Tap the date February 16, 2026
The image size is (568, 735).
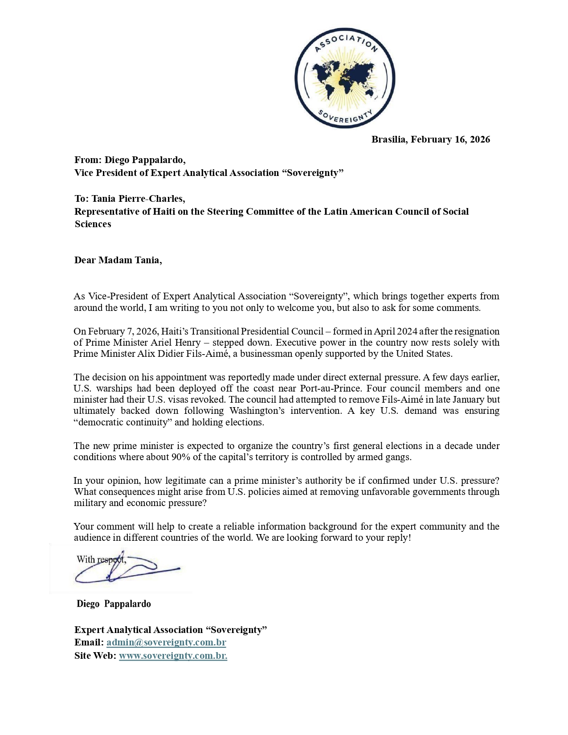450,139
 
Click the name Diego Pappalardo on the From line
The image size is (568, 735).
145,160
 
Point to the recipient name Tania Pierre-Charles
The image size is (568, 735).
138,199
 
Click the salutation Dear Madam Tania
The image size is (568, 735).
118,260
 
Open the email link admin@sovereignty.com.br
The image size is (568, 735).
166,642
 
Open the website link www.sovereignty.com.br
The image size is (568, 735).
173,656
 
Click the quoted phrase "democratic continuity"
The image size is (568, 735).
123,422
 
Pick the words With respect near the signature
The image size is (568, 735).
101,559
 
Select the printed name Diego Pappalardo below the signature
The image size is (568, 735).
114,604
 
